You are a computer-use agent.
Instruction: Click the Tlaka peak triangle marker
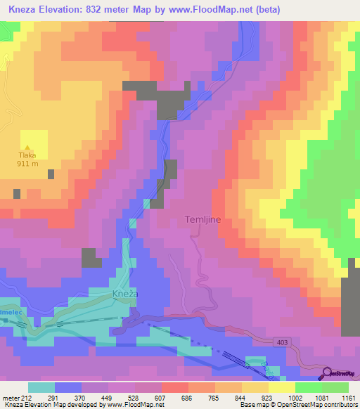tap(27, 148)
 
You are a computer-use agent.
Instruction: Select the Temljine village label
tap(203, 219)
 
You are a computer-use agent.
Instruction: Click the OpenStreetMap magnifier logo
tap(327, 374)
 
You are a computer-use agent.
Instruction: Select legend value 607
tap(161, 397)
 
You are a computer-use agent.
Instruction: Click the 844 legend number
tap(241, 397)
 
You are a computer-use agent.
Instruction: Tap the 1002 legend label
tap(295, 397)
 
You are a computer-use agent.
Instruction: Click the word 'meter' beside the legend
tap(11, 397)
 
